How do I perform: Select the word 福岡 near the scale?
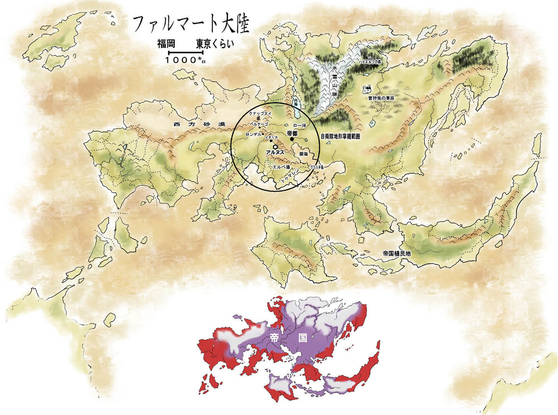click(166, 44)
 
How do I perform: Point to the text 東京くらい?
click(215, 44)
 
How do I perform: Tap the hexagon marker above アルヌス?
click(275, 147)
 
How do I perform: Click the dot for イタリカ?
click(271, 141)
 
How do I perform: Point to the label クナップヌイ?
click(260, 114)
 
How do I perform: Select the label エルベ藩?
click(281, 167)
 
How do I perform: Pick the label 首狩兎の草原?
click(381, 98)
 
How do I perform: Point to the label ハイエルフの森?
click(371, 61)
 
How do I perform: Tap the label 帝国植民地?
click(396, 253)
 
